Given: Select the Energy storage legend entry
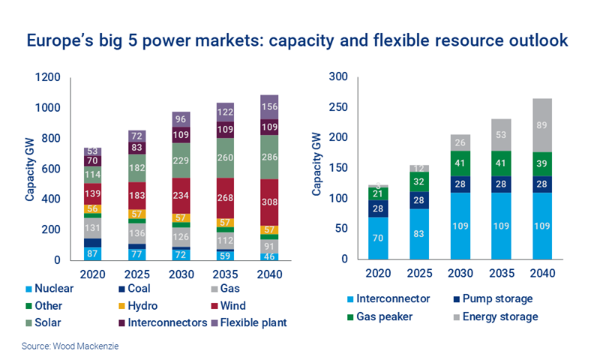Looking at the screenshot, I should pos(495,316).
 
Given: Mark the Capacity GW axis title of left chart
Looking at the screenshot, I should pos(31,169).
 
